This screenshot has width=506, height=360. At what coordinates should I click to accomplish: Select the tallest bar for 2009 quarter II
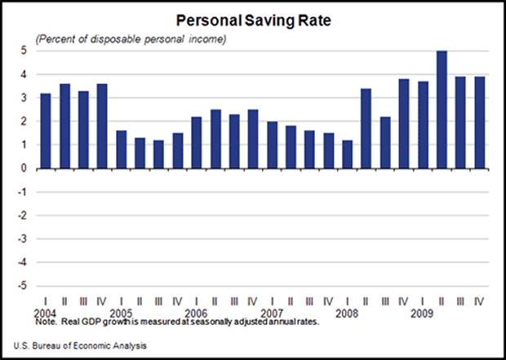point(442,109)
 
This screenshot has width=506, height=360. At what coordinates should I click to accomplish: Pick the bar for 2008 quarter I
point(347,154)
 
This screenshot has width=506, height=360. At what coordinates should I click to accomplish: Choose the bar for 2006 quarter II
point(215,139)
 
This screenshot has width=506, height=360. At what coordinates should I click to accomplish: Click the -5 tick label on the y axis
point(24,287)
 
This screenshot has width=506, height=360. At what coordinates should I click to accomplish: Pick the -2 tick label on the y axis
point(24,216)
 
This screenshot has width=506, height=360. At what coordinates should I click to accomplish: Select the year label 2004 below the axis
point(47,312)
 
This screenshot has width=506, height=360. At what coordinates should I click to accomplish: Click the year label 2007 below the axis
point(272,312)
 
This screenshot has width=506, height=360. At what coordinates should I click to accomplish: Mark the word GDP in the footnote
point(87,321)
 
